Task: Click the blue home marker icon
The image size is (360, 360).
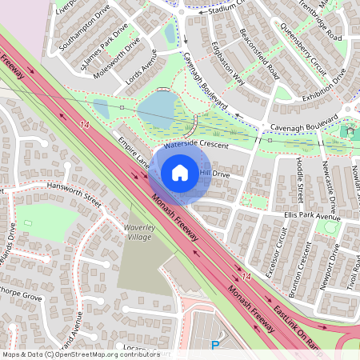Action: pos(180,173)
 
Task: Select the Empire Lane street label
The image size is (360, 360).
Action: pos(134,151)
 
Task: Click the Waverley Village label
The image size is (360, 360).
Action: pos(129,231)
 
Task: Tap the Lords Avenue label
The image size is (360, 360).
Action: pos(142,70)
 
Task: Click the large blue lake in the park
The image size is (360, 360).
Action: pos(158,109)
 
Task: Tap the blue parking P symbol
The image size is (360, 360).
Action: pos(214,346)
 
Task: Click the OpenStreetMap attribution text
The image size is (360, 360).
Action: pos(80,354)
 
